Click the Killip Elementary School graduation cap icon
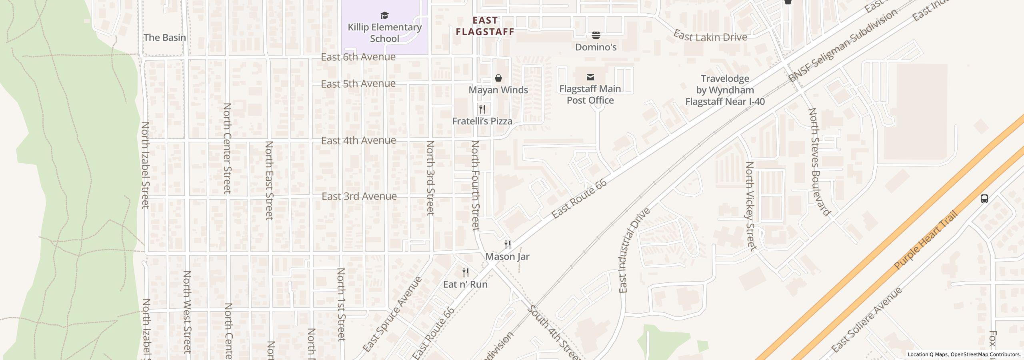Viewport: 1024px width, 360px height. (384, 16)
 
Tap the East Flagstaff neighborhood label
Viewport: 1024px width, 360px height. (485, 26)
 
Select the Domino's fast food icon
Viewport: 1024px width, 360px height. (596, 35)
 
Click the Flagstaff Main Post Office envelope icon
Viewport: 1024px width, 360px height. (590, 77)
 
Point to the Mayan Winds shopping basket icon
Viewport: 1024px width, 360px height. (498, 78)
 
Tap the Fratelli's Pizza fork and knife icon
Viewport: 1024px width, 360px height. (482, 109)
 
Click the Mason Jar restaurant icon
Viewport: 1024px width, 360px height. (507, 245)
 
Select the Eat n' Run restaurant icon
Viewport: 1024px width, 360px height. (465, 273)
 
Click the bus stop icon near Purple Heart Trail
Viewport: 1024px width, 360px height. (984, 199)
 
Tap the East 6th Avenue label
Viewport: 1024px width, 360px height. (358, 57)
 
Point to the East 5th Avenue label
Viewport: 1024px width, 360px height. (358, 84)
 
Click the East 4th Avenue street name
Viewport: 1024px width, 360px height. (358, 141)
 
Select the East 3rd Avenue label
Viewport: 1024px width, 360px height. (359, 196)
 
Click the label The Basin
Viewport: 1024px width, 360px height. (164, 38)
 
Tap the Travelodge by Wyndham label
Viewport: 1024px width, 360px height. (725, 90)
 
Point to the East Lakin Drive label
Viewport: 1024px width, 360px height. (710, 36)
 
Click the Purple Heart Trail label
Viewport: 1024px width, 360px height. (926, 240)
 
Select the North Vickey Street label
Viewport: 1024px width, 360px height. (751, 206)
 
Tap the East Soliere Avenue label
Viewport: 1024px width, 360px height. (867, 320)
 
